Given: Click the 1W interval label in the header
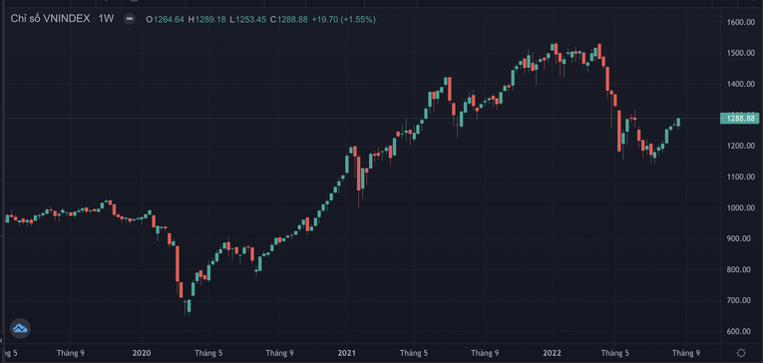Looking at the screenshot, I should pyautogui.click(x=105, y=19).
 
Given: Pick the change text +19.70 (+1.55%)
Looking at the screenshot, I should pyautogui.click(x=345, y=19).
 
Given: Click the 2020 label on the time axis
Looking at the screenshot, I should pyautogui.click(x=142, y=352).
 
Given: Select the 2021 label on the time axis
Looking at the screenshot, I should pyautogui.click(x=347, y=352).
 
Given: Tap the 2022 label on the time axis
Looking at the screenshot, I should pyautogui.click(x=552, y=352).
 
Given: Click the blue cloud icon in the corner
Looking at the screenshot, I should pyautogui.click(x=20, y=327).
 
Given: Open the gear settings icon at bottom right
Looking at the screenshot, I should pyautogui.click(x=740, y=352).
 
